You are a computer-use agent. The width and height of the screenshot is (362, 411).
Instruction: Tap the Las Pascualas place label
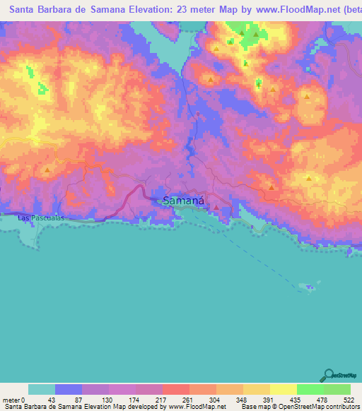[x=41, y=218]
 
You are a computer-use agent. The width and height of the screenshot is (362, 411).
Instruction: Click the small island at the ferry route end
[x=309, y=287]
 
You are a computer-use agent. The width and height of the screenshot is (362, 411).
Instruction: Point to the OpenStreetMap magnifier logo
[x=328, y=375]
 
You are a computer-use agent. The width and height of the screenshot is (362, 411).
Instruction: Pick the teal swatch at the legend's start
[x=42, y=389]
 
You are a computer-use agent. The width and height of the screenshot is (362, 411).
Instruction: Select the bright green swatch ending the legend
[x=337, y=389]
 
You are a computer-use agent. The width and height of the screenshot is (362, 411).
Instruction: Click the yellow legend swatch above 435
[x=284, y=389]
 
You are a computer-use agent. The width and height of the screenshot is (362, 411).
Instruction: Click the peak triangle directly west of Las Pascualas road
[x=47, y=170]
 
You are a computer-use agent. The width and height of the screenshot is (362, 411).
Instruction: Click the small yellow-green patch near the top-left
[x=30, y=71]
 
